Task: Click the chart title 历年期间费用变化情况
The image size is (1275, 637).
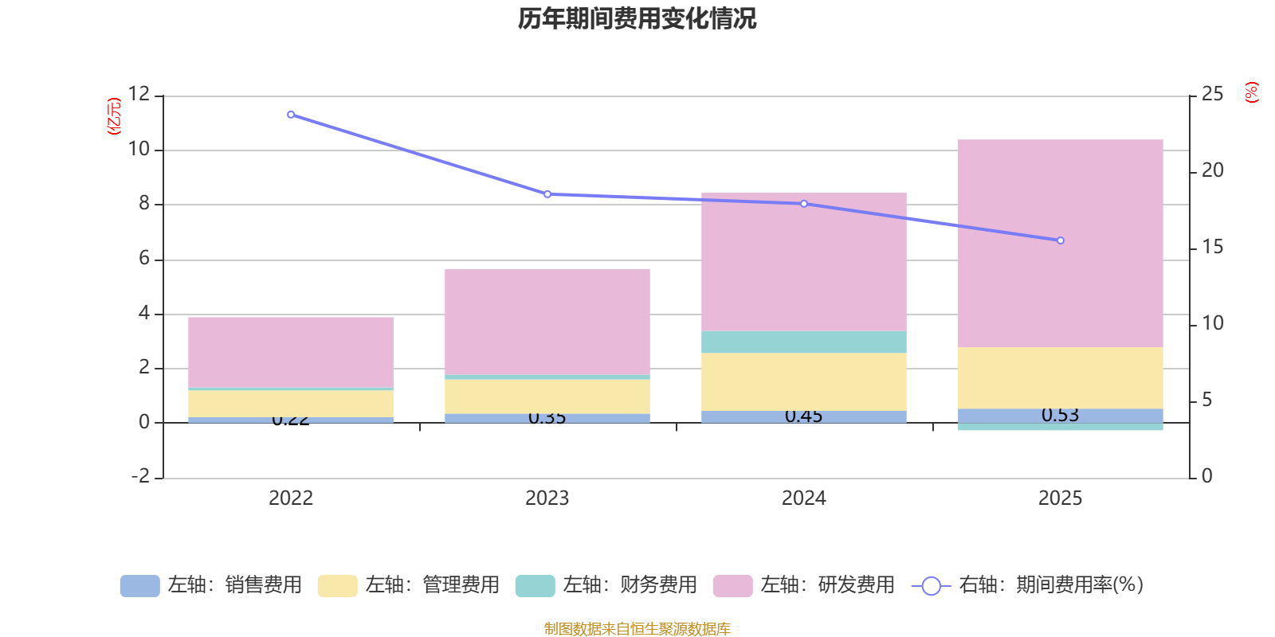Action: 637,18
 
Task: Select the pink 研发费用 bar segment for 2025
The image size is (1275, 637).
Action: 1060,243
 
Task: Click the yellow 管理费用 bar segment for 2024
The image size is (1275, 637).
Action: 803,381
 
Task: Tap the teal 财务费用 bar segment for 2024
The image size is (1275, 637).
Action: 803,342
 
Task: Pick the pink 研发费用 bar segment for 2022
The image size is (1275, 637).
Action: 290,352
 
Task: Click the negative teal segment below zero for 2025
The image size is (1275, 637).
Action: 1060,427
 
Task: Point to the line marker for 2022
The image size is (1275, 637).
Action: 291,115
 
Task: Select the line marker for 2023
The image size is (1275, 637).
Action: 547,194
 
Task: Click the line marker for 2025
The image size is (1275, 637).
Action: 1060,240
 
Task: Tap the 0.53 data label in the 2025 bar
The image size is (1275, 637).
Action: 1060,415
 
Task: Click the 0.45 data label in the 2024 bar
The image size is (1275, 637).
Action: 803,416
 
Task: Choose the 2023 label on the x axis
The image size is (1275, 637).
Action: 547,498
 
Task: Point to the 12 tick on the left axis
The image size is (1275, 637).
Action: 139,94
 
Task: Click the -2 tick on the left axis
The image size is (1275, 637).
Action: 140,476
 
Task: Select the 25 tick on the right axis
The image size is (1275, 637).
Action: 1212,94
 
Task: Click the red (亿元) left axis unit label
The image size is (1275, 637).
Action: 114,116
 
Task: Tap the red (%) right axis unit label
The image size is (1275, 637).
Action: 1251,92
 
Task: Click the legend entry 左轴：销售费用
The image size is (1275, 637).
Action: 211,585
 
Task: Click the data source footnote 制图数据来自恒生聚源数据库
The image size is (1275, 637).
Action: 637,629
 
